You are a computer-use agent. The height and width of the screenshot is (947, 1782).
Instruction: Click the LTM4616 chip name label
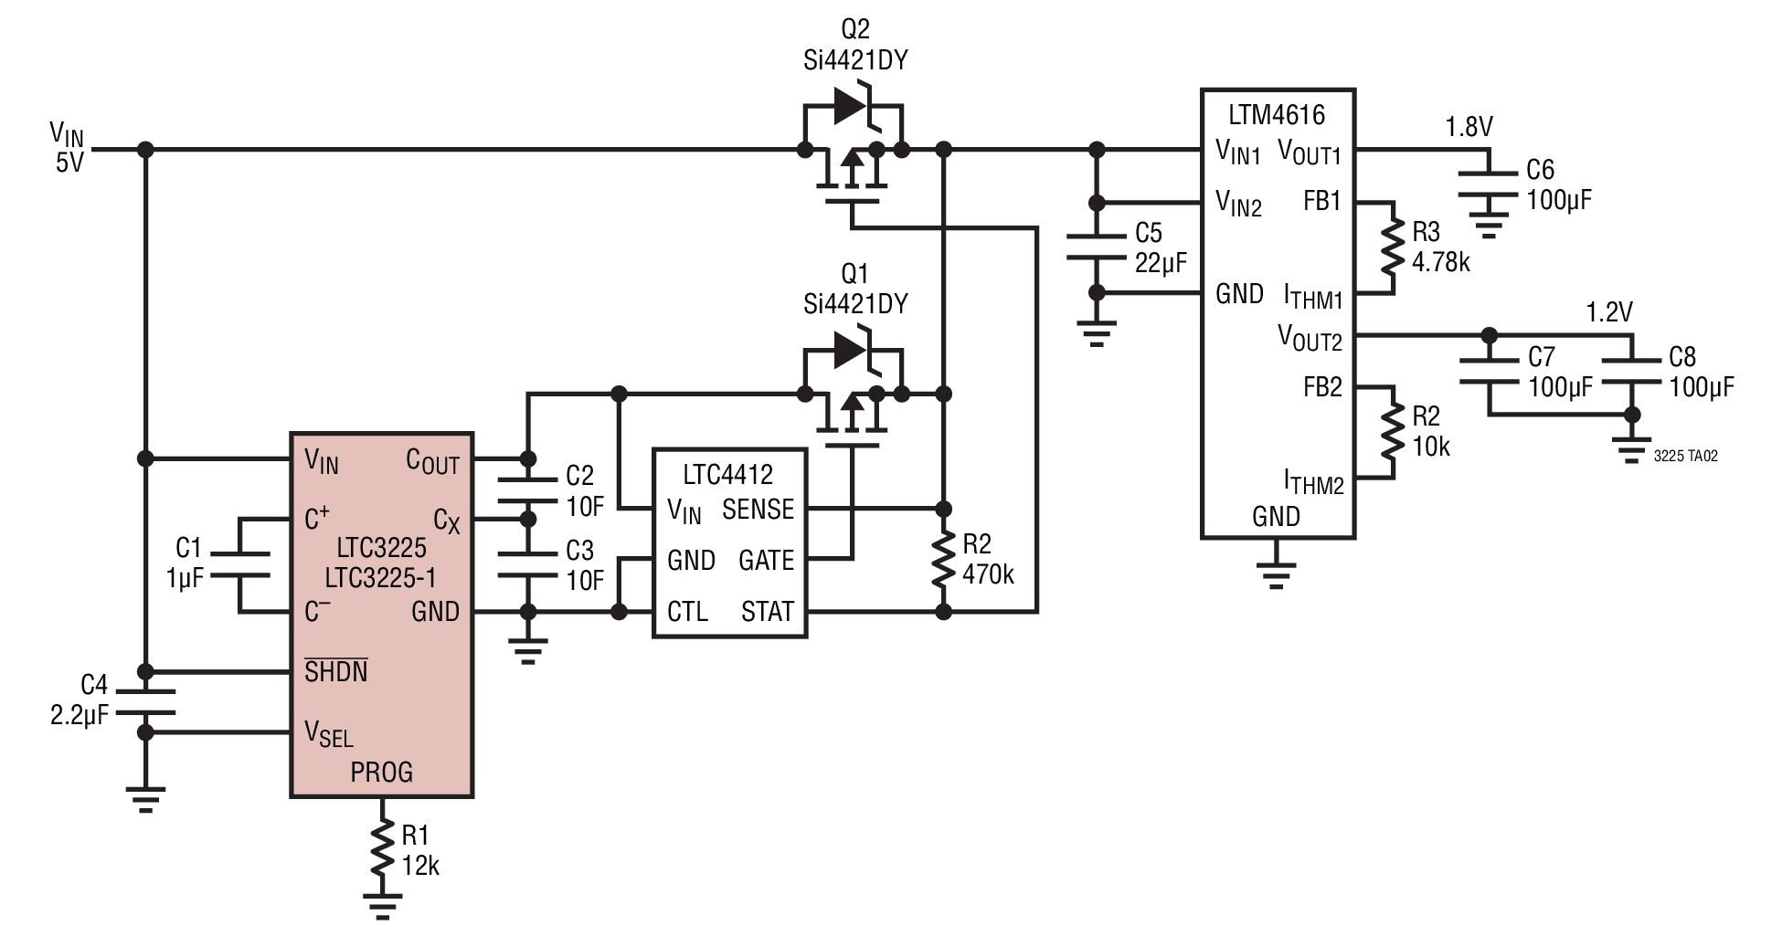(1277, 115)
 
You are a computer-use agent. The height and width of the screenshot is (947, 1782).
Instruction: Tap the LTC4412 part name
(727, 474)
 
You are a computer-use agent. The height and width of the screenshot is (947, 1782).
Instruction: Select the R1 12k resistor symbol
(382, 850)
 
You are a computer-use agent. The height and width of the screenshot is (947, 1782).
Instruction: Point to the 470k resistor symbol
(944, 560)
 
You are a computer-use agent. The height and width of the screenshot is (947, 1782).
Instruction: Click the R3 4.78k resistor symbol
(1393, 248)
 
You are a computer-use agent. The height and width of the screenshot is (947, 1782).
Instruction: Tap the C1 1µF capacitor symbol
(240, 564)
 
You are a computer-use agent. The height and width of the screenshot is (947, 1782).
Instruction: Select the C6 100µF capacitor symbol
(1489, 184)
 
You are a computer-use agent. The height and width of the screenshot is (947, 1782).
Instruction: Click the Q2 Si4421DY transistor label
(855, 45)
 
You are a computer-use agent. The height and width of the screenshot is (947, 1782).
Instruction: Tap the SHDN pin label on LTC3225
(336, 671)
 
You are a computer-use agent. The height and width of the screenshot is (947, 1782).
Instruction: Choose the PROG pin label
(382, 773)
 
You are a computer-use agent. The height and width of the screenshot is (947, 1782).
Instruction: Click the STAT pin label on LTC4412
(768, 612)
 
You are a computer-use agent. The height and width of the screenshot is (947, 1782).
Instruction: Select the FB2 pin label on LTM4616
(1322, 387)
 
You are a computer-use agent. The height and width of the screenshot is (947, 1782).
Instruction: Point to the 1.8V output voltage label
(1469, 127)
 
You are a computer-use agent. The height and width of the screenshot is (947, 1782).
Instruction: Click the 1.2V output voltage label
(1608, 312)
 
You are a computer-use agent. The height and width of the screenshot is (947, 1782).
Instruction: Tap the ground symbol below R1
(382, 904)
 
